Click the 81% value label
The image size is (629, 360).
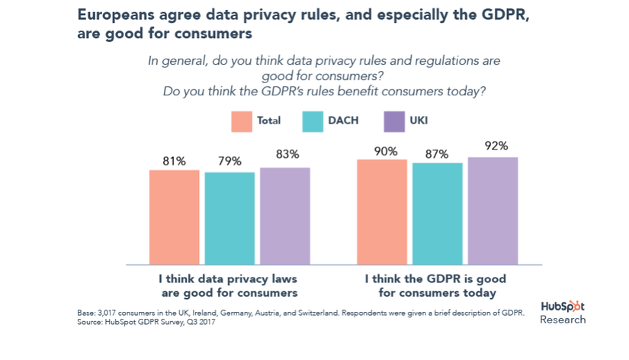coord(174,161)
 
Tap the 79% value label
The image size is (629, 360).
coord(229,161)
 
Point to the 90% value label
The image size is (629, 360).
coord(383,151)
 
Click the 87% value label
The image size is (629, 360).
coord(438,153)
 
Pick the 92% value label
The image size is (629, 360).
coord(493,146)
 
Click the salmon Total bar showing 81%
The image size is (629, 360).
coord(174,217)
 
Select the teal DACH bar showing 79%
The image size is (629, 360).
coord(229,218)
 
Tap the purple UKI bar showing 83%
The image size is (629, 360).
coord(285,216)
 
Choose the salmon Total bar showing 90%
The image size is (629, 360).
coord(383,211)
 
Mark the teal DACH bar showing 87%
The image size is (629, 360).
coord(438,213)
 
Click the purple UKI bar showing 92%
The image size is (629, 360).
coord(493,211)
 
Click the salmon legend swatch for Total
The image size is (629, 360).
coord(242,121)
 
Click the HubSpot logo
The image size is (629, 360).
coord(563,306)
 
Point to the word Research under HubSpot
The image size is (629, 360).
coord(563,320)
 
